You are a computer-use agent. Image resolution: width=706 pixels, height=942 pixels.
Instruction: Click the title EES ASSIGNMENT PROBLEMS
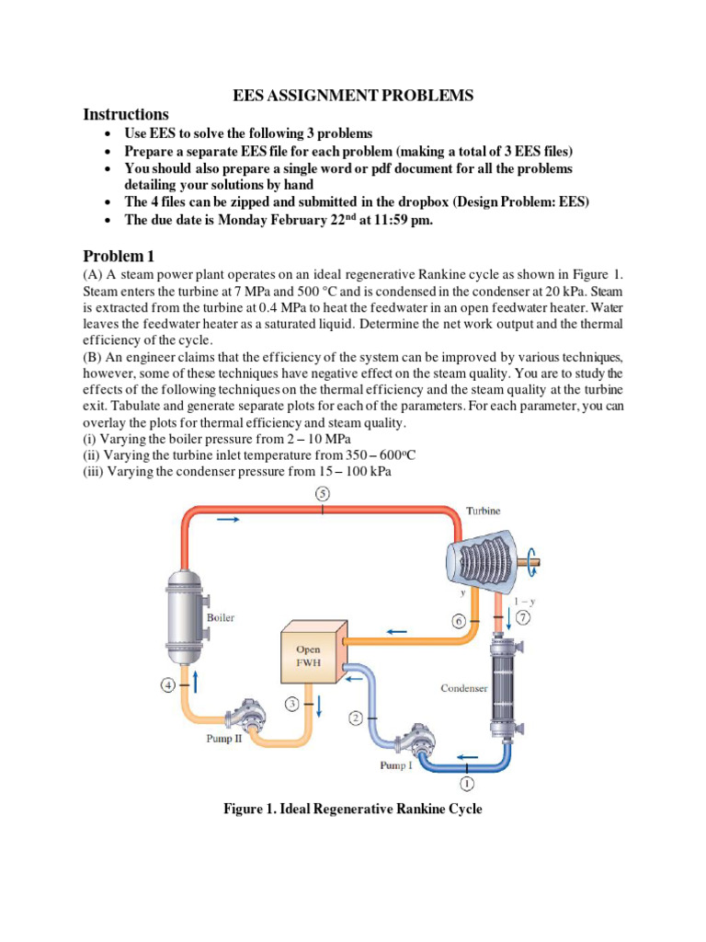click(352, 96)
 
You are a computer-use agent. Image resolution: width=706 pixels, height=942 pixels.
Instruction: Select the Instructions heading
click(126, 115)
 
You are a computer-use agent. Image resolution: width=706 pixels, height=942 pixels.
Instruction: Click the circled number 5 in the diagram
click(323, 494)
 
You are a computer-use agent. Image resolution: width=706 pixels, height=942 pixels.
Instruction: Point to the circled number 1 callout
click(466, 784)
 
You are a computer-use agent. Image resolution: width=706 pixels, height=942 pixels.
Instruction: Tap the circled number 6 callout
click(460, 621)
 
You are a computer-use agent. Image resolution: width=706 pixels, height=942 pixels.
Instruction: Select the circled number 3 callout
click(292, 704)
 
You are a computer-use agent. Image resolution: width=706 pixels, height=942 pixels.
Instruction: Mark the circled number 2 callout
click(357, 717)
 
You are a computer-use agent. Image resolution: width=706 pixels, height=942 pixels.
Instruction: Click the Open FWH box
click(309, 654)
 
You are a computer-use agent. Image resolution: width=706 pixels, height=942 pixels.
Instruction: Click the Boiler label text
click(220, 617)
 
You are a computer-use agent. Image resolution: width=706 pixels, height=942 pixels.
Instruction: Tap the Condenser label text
click(464, 687)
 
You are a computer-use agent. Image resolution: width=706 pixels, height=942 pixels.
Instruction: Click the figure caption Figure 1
click(353, 810)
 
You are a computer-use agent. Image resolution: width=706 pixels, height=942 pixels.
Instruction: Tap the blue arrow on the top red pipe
click(229, 520)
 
